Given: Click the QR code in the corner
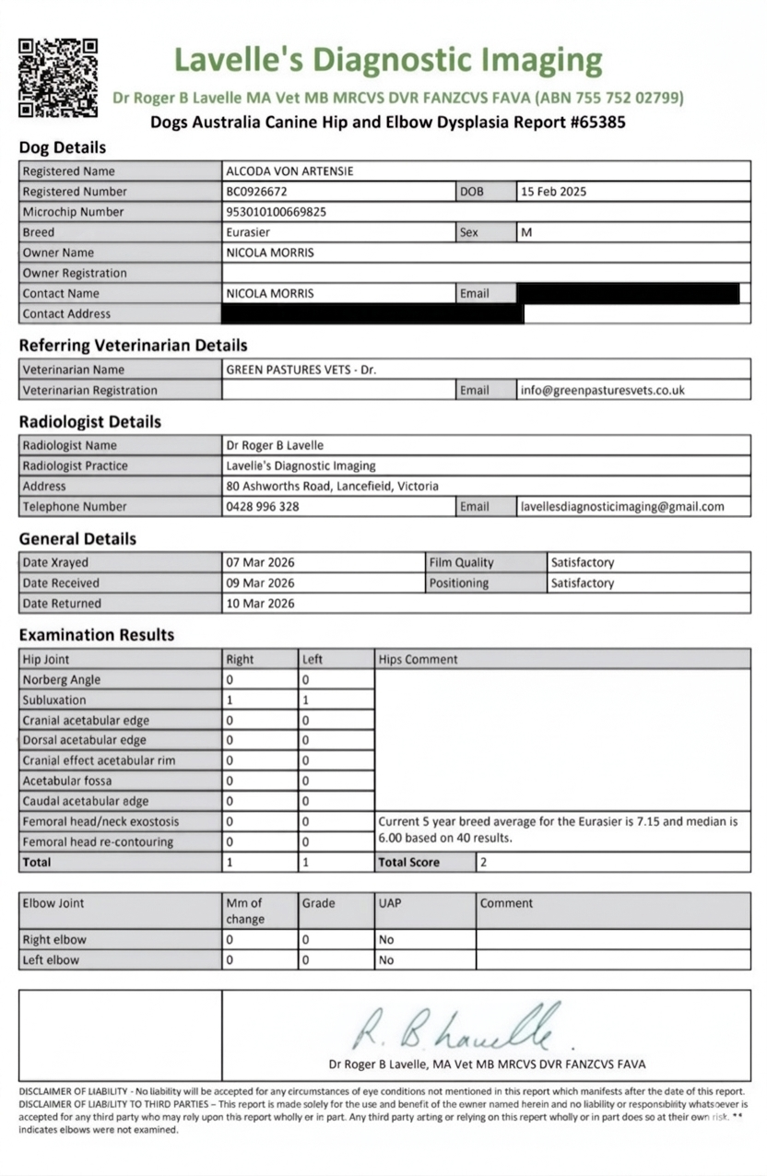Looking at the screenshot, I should [58, 77].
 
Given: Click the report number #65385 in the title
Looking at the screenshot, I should [594, 122].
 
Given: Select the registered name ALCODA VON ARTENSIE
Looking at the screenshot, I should [289, 171].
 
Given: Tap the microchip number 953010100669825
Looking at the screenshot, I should [276, 212].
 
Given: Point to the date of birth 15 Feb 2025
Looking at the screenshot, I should [553, 192].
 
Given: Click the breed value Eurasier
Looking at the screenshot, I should [248, 232].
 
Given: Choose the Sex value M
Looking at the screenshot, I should [526, 232].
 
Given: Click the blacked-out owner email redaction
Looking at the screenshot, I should [628, 293].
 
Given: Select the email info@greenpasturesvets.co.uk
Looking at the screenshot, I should [602, 390].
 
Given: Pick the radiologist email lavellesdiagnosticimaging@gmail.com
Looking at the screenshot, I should [622, 506].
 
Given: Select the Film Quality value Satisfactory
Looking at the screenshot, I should [582, 562].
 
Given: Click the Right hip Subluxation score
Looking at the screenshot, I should [230, 700].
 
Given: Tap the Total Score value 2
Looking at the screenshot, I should [484, 863].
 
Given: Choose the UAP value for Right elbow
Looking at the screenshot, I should [386, 940].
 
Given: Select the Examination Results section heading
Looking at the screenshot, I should [96, 635].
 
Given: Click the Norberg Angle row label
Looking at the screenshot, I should [62, 680].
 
